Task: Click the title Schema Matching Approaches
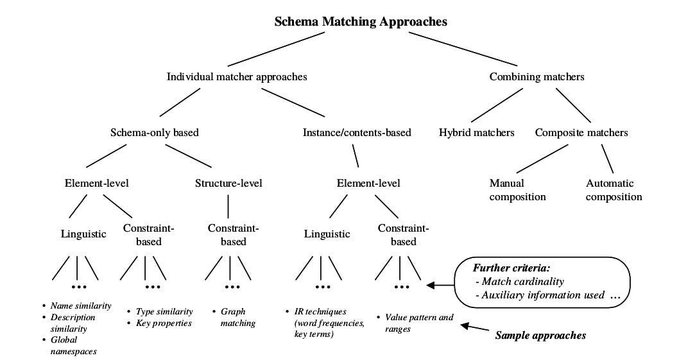361,21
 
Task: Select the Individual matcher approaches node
237,76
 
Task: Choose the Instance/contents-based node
357,133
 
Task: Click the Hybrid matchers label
476,133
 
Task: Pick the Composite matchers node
581,133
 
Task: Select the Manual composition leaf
517,190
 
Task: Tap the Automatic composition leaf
614,190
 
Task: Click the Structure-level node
228,183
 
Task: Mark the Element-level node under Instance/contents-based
368,183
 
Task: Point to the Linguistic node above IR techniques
327,234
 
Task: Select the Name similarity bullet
80,305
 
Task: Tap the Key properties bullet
163,323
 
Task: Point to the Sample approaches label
540,334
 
